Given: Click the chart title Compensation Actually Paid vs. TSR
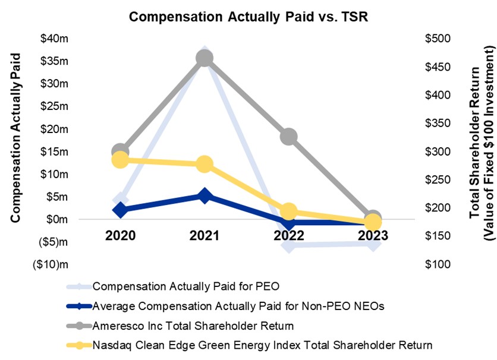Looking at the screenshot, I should pos(249,17).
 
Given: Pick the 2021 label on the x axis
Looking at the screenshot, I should pos(205,235).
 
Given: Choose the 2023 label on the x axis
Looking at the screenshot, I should pos(373,235).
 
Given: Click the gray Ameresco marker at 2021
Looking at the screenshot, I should pos(205,58).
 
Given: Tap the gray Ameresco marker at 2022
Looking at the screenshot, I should pos(289,137).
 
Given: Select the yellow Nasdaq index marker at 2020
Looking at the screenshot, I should pos(120,160).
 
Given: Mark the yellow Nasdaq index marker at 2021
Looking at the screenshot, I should pos(205,165).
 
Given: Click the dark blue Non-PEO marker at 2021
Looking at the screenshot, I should pos(205,195).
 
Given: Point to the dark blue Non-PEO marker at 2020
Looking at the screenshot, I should pos(120,210).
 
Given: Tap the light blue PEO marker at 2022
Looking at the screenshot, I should pos(289,244).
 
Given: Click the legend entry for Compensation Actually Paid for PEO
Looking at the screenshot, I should pos(186,287).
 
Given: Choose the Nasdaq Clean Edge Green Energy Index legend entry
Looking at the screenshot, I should pos(262,344).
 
